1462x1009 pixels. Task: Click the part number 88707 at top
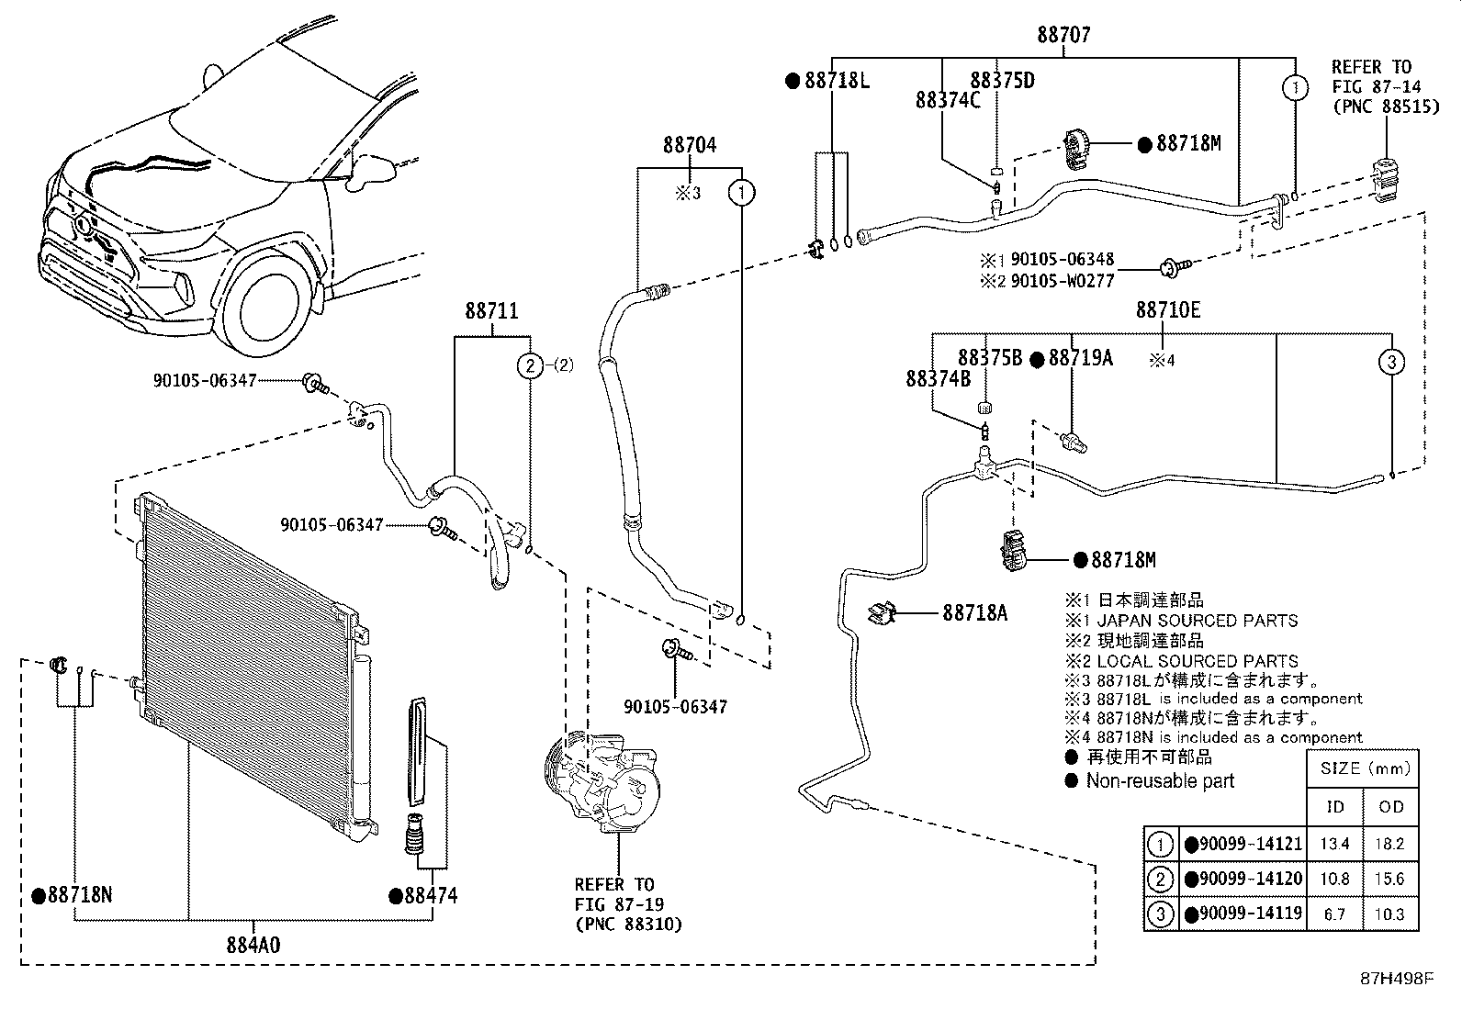[1063, 35]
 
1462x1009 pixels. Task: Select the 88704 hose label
[690, 145]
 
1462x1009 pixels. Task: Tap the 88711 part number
[491, 311]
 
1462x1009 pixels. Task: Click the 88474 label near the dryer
[429, 895]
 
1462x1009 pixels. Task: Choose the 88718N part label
[79, 895]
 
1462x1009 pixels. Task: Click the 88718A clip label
[973, 612]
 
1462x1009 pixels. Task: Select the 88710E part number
[1167, 310]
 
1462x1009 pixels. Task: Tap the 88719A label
[1080, 358]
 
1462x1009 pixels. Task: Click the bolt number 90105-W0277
[1062, 280]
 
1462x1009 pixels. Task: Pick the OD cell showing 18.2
[1391, 844]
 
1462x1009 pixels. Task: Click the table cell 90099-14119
[1249, 914]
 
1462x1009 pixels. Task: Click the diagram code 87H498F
[1396, 978]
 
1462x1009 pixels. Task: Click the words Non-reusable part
[1160, 781]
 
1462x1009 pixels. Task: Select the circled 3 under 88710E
[1391, 362]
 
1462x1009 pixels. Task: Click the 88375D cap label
[1002, 80]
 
